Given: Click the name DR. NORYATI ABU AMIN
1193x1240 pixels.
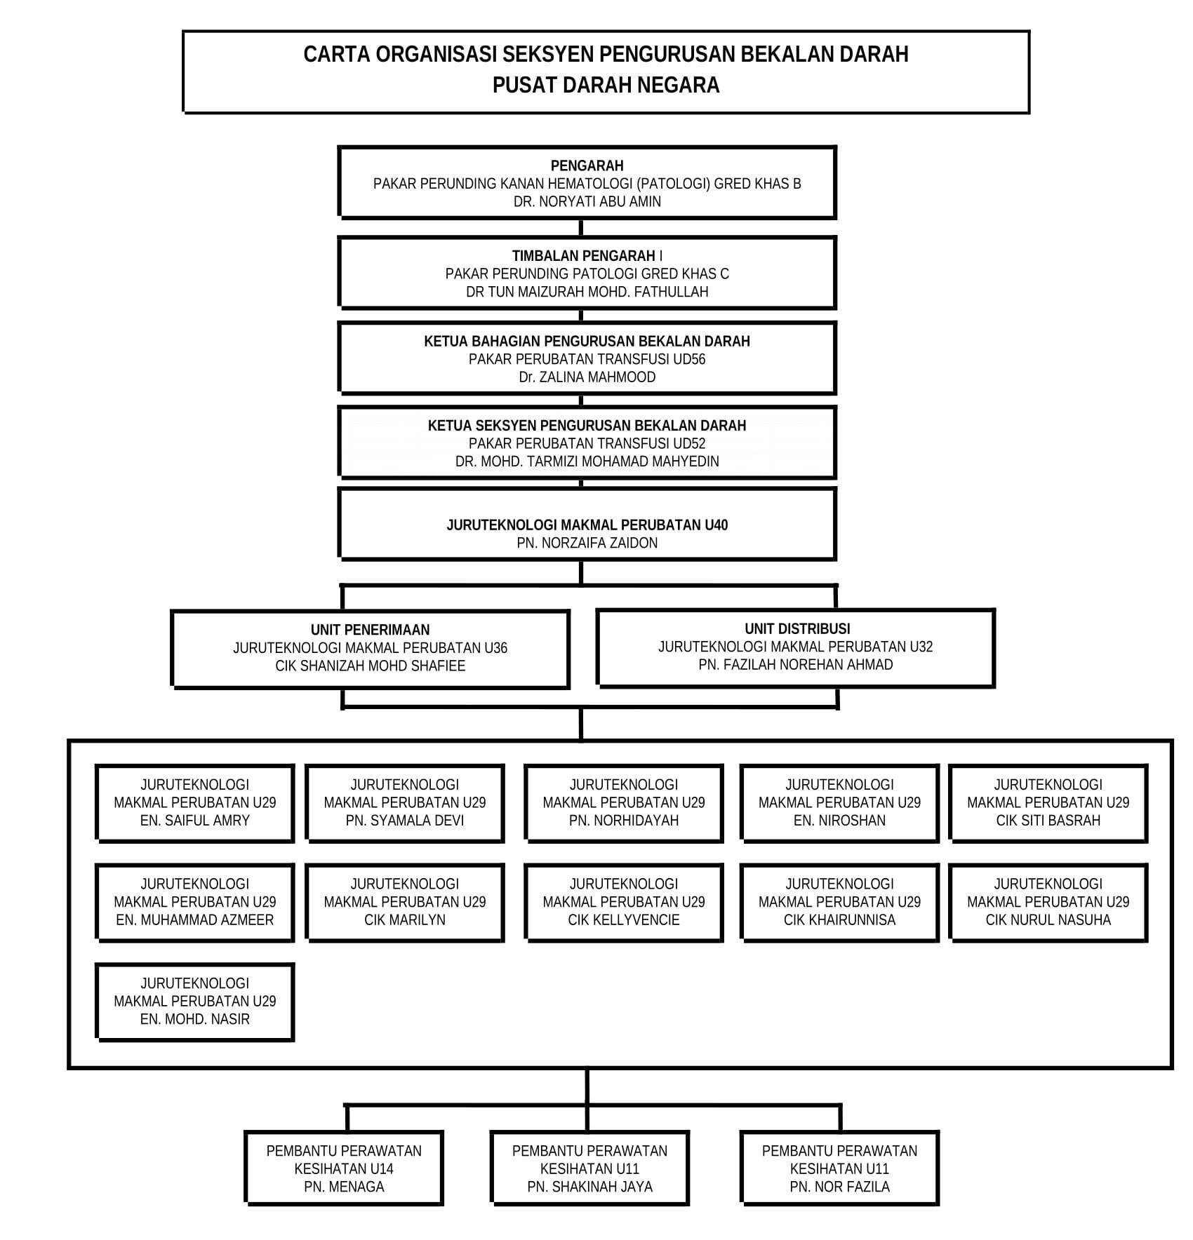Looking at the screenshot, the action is (587, 201).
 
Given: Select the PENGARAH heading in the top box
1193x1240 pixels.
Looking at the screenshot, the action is (587, 166).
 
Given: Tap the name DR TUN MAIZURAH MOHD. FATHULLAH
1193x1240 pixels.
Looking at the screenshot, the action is (587, 292).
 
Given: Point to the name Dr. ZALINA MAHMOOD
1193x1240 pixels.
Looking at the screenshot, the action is (587, 377).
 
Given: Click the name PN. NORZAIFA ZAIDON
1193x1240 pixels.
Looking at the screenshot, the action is (587, 543).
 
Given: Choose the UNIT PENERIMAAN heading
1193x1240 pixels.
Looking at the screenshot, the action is (370, 630).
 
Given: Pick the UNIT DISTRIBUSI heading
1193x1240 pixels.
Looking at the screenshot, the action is (797, 628).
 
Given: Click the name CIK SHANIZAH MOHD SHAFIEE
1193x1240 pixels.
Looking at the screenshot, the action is (370, 666).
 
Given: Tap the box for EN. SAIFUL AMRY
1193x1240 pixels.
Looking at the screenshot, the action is (195, 803).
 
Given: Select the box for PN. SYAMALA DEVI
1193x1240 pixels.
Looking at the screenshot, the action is (405, 803).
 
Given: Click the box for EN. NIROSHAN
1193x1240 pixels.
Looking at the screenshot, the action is (839, 803).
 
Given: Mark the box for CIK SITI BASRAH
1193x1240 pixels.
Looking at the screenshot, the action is (1048, 803).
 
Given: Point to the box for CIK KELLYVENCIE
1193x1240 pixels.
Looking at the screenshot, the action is (624, 903).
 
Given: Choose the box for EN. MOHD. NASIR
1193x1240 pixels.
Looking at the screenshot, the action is (195, 1002).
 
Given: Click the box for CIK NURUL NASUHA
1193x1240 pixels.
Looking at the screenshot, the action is (1048, 903).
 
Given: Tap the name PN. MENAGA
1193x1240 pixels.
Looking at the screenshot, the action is (344, 1187).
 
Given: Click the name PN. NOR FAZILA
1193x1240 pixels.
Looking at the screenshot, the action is (839, 1187).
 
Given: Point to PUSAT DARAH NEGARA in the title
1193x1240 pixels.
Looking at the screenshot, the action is (606, 85).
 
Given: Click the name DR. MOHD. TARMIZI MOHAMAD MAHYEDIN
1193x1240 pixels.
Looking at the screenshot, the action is (587, 461).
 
